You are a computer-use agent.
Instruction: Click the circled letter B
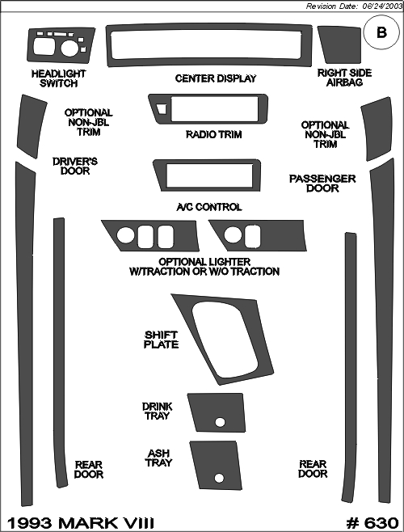[x=382, y=32]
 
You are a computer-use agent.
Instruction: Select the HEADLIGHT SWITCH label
[x=59, y=78]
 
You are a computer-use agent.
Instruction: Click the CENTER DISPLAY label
[x=216, y=78]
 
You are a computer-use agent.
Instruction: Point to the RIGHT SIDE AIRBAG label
[x=345, y=78]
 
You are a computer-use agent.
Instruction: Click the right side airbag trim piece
[x=339, y=44]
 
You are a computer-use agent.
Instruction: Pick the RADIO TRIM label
[x=213, y=134]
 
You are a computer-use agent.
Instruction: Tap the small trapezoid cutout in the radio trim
[x=162, y=108]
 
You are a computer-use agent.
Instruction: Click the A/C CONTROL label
[x=209, y=207]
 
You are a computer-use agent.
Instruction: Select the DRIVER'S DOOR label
[x=75, y=166]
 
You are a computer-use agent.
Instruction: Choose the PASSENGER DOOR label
[x=322, y=184]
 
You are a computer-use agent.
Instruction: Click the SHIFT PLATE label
[x=161, y=340]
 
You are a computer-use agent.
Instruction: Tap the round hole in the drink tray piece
[x=220, y=423]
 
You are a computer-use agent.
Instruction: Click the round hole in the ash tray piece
[x=219, y=478]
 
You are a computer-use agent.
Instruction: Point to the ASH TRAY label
[x=158, y=458]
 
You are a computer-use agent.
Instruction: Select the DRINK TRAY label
[x=157, y=412]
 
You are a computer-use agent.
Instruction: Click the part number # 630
[x=372, y=523]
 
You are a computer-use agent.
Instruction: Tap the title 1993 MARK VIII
[x=81, y=523]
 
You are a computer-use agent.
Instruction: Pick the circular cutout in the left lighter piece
[x=125, y=234]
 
